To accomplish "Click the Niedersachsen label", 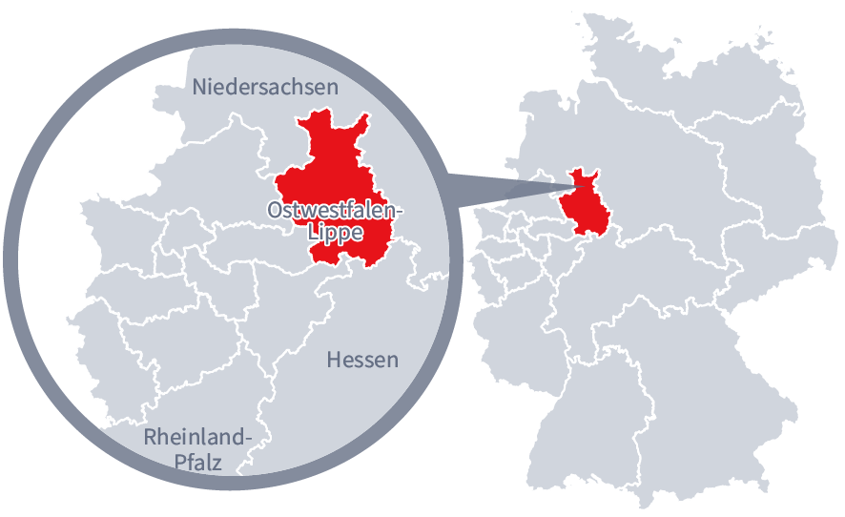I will click(265, 87).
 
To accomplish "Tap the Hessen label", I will click(362, 360).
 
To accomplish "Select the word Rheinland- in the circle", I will click(198, 438).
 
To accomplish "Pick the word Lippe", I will click(335, 232).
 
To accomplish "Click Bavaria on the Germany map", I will click(706, 382).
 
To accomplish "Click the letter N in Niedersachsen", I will click(199, 87).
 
